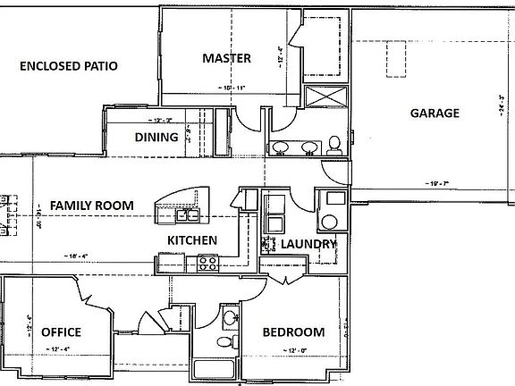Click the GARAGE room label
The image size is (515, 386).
pos(435,113)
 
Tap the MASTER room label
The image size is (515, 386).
pos(225,59)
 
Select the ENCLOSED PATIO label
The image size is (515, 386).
pos(69,66)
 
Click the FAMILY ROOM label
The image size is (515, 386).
pos(92,206)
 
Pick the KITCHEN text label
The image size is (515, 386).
pos(193,240)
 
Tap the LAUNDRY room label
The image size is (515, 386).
pos(308,244)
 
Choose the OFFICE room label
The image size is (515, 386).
pos(61,332)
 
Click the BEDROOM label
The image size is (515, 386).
pos(293,332)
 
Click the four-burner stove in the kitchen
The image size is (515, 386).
pos(207,263)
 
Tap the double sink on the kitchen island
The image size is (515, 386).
pos(189,214)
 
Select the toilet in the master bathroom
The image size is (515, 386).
pos(333,144)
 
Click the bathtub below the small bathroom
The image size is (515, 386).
pos(213,367)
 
